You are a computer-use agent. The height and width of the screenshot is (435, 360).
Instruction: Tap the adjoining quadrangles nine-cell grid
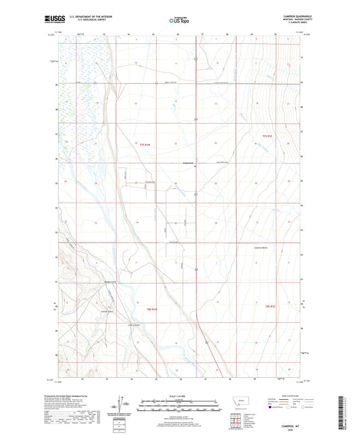coord(235,415)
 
